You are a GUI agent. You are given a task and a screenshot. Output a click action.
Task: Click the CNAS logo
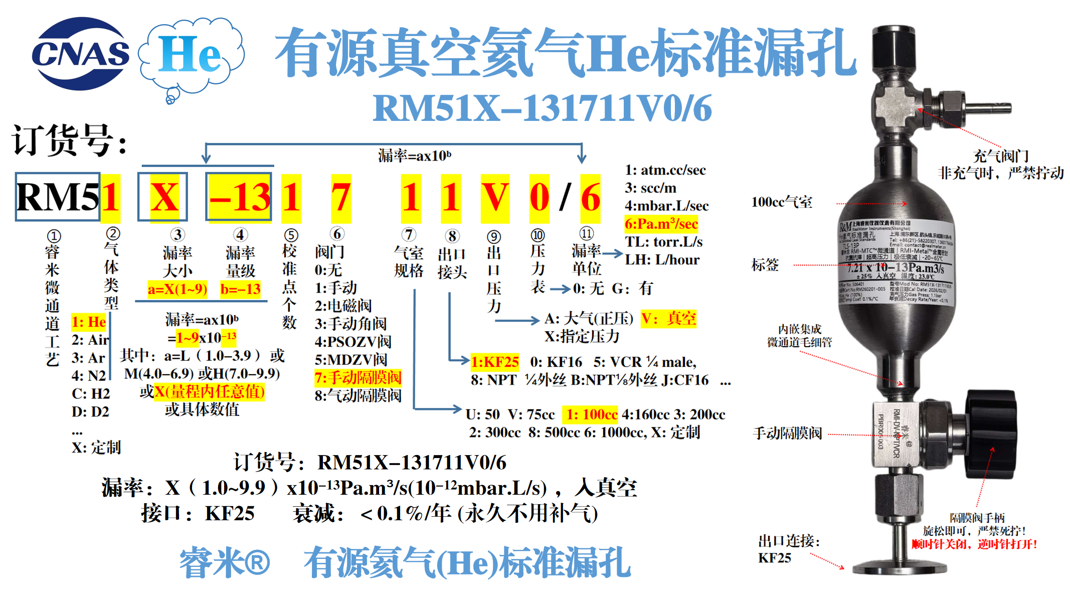80,54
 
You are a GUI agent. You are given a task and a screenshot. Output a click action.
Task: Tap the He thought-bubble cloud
191,55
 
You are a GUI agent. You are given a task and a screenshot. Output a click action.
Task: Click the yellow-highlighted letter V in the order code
495,198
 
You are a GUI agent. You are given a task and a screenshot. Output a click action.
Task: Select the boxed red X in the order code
163,197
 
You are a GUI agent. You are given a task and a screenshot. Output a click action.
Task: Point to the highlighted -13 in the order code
239,197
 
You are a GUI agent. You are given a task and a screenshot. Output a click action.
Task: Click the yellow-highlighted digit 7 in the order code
341,198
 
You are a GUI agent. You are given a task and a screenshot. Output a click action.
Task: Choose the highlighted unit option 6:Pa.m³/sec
661,224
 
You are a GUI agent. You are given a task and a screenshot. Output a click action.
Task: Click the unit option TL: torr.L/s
663,242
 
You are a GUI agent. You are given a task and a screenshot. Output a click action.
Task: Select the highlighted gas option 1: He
89,322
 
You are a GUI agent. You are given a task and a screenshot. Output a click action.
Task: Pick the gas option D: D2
90,411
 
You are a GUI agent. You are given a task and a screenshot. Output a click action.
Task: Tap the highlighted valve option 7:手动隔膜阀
358,377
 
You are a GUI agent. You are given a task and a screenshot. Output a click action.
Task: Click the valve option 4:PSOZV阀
353,342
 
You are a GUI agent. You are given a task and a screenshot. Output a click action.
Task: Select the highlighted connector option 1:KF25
494,362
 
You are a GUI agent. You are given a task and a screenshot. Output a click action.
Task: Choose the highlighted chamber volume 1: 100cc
590,414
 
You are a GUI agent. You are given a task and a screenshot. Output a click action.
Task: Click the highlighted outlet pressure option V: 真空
668,319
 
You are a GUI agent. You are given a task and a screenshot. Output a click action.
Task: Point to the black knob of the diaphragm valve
990,434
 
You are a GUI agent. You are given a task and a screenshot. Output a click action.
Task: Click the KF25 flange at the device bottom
900,567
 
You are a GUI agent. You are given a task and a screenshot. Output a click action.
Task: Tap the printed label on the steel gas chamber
895,261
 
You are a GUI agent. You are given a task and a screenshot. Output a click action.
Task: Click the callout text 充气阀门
1001,156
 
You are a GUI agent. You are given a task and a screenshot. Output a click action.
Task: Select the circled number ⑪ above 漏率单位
586,233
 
